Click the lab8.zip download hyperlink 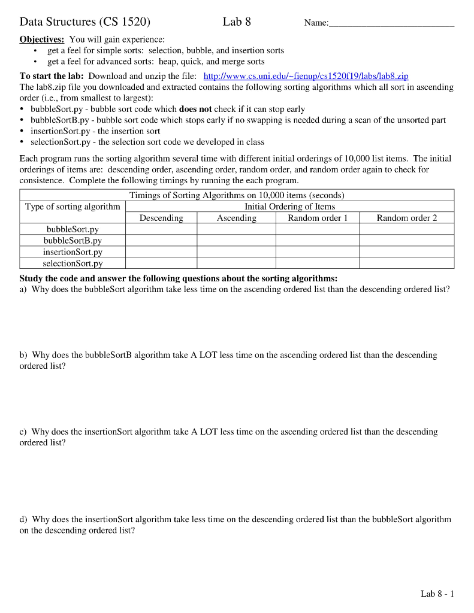tap(306, 77)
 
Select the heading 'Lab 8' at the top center tap(237, 22)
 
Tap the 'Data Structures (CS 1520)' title tap(85, 23)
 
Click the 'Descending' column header tap(161, 218)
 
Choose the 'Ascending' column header tap(236, 218)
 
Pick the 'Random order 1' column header tap(318, 218)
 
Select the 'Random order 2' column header tap(407, 218)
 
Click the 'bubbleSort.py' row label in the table tap(73, 229)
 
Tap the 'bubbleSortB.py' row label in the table tap(73, 241)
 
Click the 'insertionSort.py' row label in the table tap(73, 252)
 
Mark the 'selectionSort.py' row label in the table tap(73, 263)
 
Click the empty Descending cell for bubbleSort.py tap(161, 229)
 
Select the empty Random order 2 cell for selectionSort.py tap(407, 263)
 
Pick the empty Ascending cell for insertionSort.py tap(236, 252)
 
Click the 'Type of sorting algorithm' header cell tap(73, 207)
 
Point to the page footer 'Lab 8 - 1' tap(437, 594)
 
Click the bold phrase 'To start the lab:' tap(52, 77)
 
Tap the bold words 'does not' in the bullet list tap(195, 109)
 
